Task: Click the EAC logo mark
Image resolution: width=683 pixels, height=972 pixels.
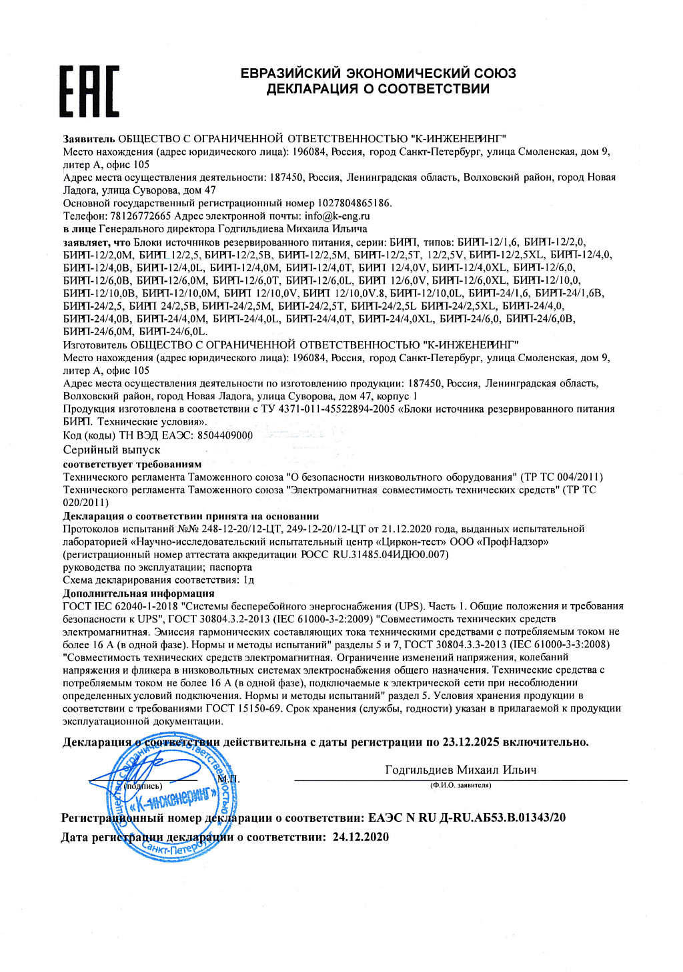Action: coord(89,90)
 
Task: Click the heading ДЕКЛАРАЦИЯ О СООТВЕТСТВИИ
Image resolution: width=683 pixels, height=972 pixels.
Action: coord(378,89)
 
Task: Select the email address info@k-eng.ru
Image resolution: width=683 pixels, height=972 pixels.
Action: coord(337,216)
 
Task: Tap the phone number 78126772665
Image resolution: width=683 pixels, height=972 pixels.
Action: coord(140,216)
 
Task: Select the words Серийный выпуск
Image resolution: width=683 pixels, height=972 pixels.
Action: coord(111,450)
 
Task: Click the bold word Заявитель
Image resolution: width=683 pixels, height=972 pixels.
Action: coord(89,139)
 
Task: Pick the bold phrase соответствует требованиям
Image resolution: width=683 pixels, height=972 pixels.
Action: coord(132,464)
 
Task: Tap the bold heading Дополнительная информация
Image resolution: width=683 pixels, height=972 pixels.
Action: coord(139,593)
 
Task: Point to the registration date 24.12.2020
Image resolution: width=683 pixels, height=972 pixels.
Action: coord(360,836)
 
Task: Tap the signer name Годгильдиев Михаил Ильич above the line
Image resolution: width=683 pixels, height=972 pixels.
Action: coord(460,770)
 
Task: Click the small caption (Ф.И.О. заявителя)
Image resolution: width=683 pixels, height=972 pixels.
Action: coord(460,785)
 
